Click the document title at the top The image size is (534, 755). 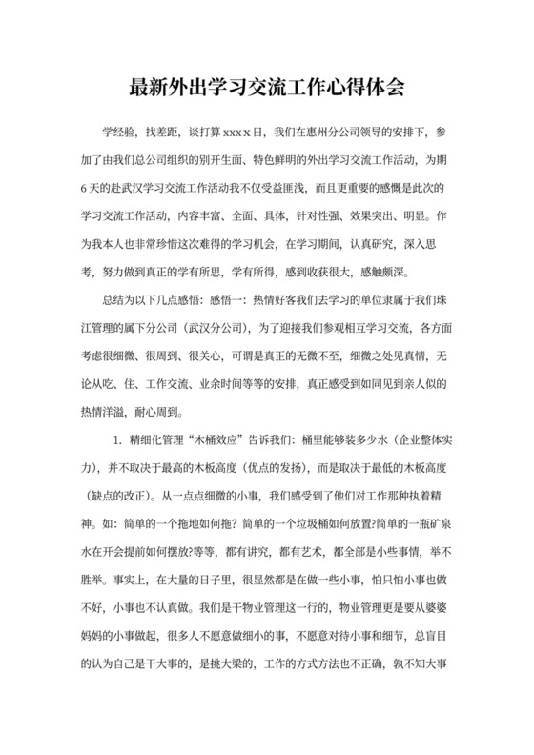point(267,89)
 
